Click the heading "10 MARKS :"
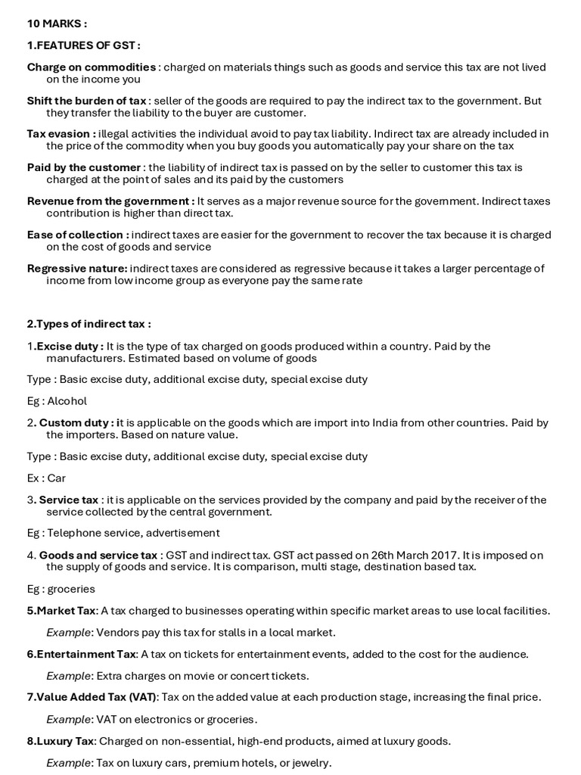click(57, 24)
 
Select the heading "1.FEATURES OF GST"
click(83, 46)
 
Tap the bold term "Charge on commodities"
click(92, 67)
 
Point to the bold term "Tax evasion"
click(61, 134)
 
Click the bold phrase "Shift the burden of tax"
click(87, 101)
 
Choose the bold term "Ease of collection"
click(78, 235)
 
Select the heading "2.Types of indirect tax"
click(89, 324)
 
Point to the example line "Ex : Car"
click(47, 478)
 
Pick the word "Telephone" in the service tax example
click(78, 533)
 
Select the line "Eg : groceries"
click(61, 589)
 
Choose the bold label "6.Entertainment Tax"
click(82, 654)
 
